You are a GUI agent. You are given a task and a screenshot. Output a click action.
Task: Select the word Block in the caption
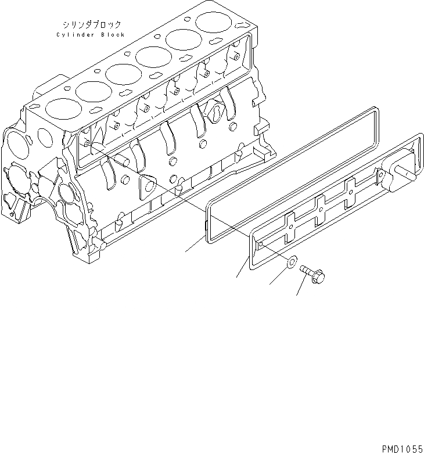pyautogui.click(x=113, y=35)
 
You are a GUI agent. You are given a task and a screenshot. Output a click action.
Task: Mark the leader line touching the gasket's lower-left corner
pyautogui.click(x=193, y=246)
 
